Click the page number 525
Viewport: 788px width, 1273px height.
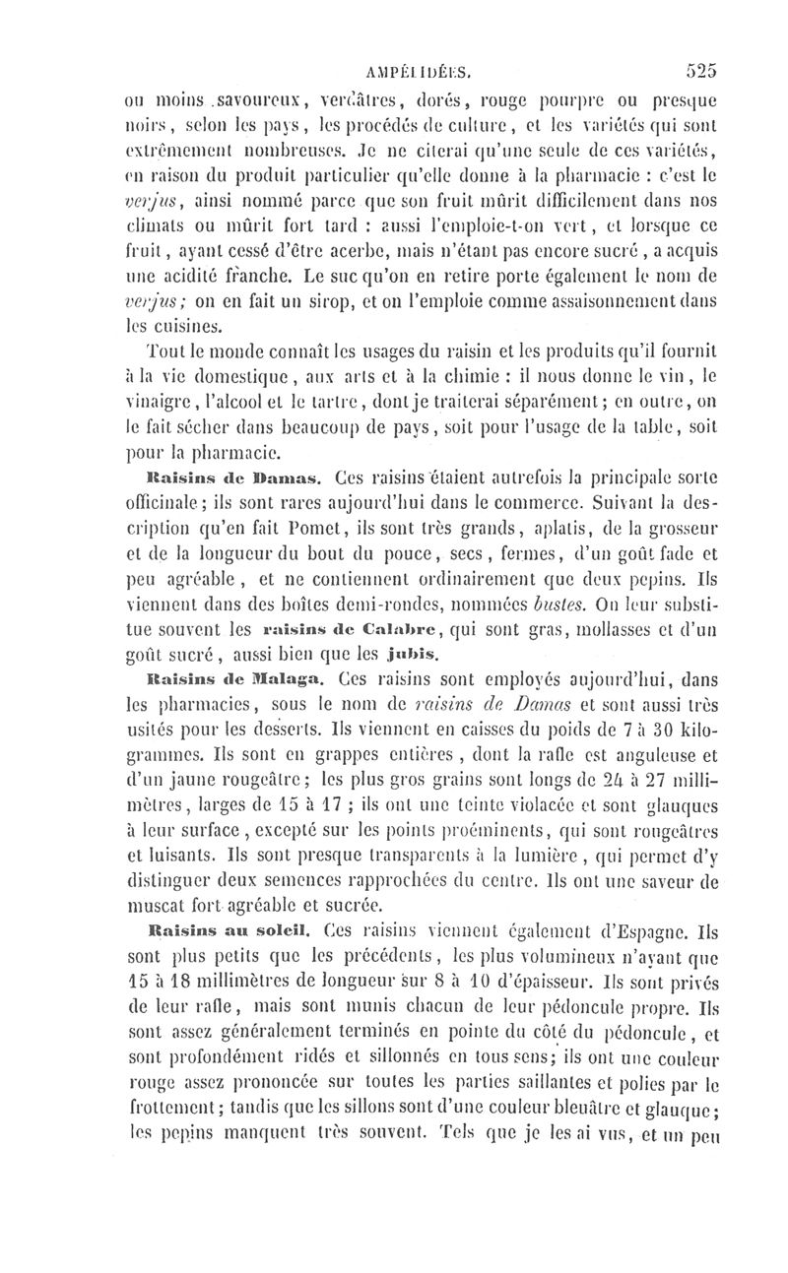pyautogui.click(x=696, y=70)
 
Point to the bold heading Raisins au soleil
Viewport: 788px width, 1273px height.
pyautogui.click(x=213, y=929)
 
